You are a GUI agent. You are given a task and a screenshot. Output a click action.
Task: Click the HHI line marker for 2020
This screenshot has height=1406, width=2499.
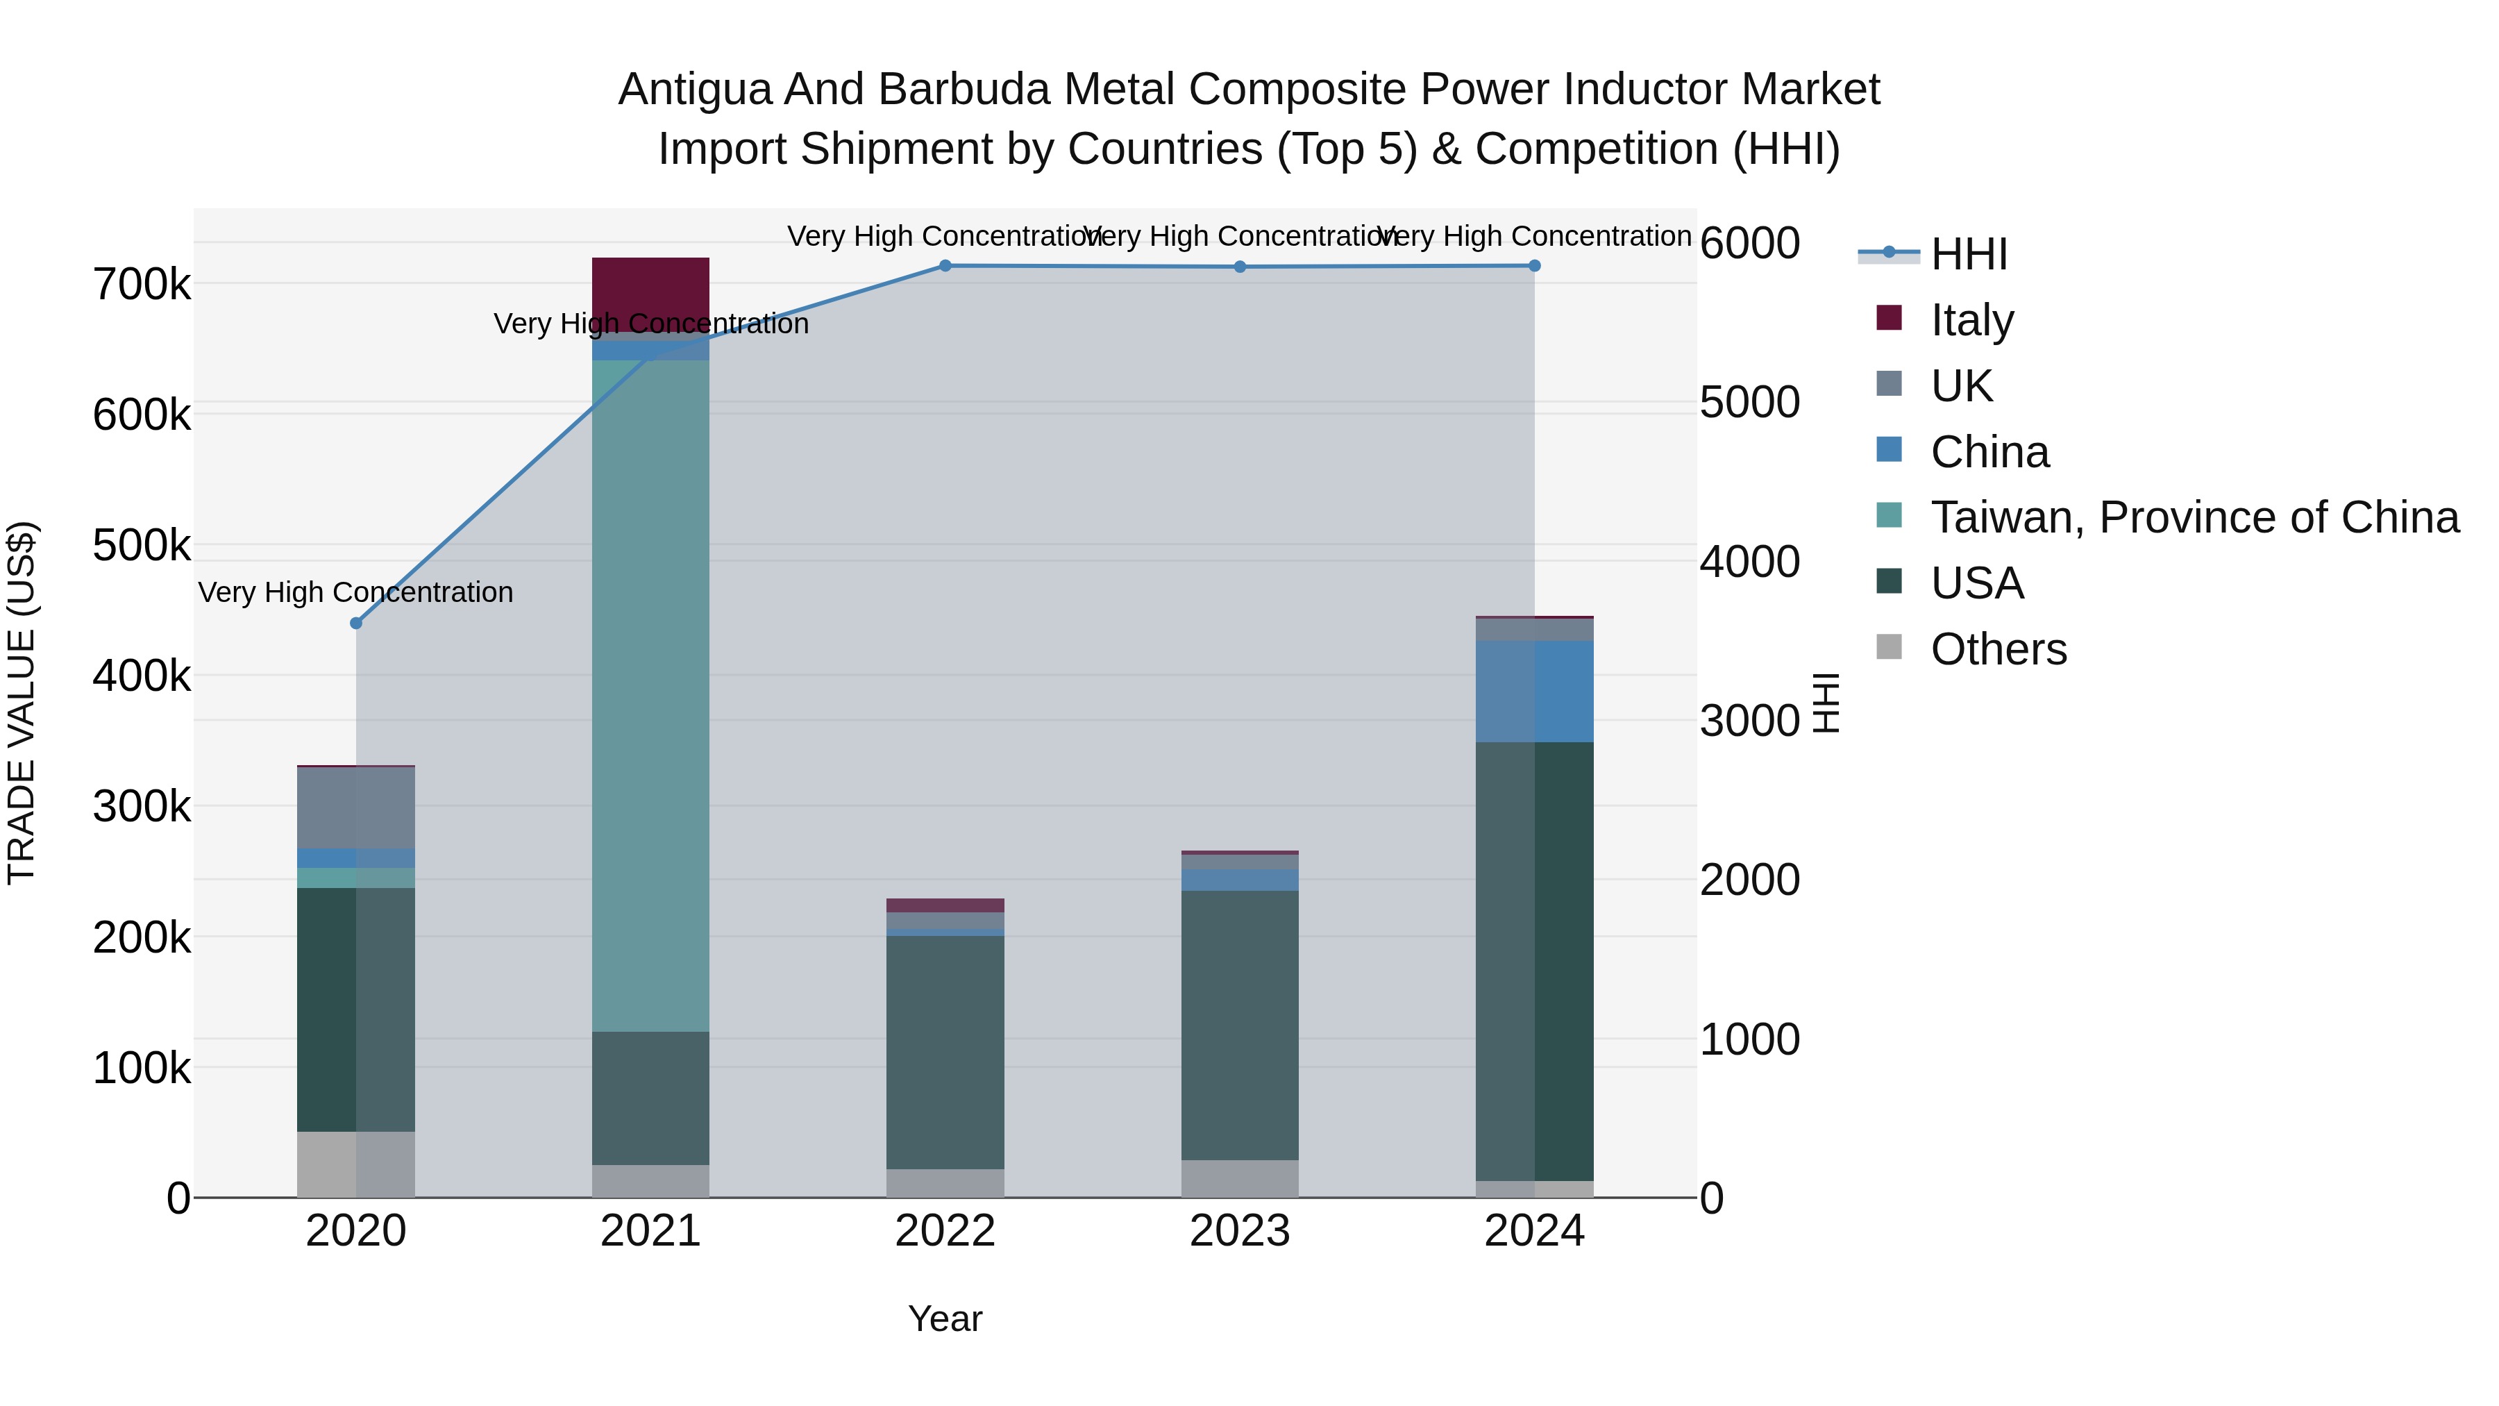point(356,623)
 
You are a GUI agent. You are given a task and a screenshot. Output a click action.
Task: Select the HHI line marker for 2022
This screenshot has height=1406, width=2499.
point(945,266)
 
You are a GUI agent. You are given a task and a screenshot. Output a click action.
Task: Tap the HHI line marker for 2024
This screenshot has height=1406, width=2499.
point(1533,266)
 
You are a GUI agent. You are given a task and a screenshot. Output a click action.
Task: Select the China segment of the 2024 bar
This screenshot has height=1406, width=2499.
point(1533,691)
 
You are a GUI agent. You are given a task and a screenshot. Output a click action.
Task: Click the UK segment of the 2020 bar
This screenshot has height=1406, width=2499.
point(356,807)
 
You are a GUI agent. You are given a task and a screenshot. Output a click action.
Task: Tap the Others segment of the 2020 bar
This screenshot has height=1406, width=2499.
point(356,1164)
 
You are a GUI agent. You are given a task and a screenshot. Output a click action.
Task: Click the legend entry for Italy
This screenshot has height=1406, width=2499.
point(1971,319)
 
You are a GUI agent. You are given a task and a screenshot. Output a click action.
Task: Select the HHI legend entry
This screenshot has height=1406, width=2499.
point(1967,254)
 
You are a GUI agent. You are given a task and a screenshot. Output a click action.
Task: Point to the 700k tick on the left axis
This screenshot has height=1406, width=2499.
point(142,285)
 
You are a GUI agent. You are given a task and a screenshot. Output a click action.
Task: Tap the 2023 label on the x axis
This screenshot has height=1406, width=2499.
point(1239,1231)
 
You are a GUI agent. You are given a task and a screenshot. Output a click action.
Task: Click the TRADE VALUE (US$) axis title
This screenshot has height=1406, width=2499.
point(22,703)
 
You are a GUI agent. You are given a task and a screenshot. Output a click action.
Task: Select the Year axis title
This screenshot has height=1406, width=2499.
point(945,1319)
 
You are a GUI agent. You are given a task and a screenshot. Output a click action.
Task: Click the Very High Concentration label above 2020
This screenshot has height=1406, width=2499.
point(356,592)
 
